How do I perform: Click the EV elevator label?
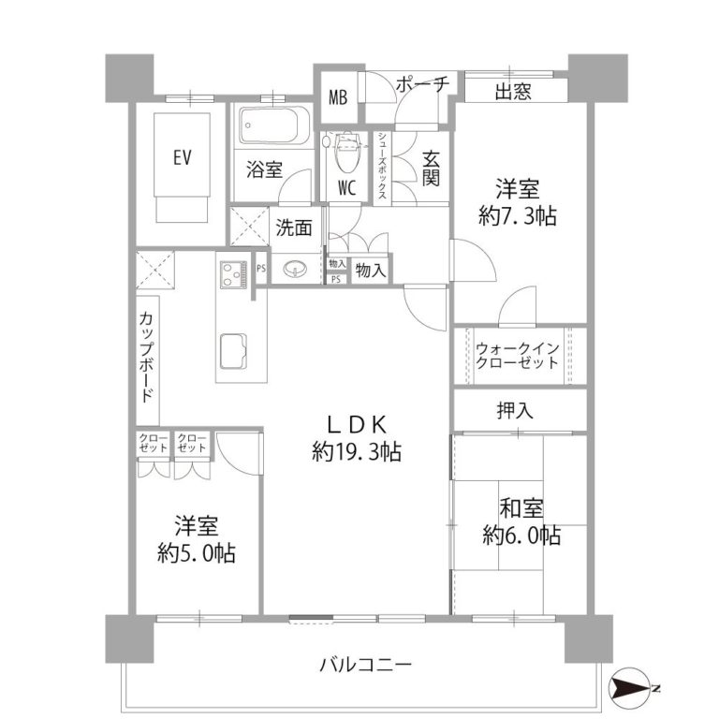click(182, 157)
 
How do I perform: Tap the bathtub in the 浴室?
click(270, 126)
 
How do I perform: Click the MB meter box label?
click(338, 97)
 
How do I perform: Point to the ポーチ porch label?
click(422, 84)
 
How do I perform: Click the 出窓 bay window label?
click(513, 91)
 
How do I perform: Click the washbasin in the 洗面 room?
click(295, 269)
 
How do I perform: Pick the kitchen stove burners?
click(233, 274)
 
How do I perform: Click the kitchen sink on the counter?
click(234, 351)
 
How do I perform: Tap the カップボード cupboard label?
click(146, 357)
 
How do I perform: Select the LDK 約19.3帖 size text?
click(357, 439)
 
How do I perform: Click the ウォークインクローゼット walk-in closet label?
click(517, 356)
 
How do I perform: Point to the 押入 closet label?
click(515, 410)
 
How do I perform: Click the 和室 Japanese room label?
click(521, 508)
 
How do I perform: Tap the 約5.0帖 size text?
click(197, 553)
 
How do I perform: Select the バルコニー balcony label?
click(365, 664)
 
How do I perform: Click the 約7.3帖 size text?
click(517, 215)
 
